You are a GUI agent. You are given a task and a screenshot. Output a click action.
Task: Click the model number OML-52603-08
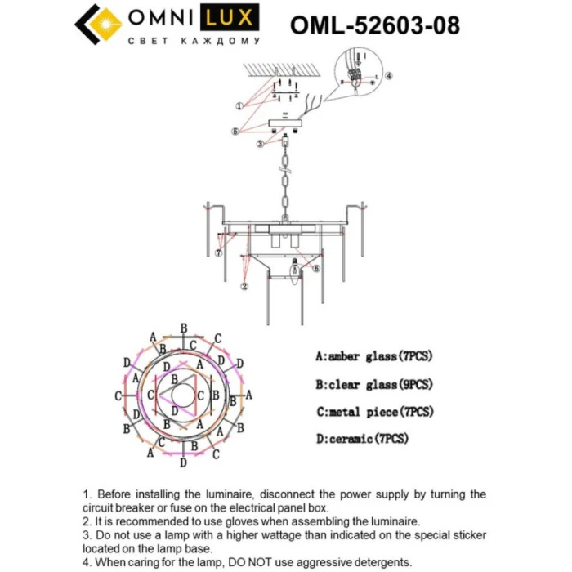pyautogui.click(x=374, y=25)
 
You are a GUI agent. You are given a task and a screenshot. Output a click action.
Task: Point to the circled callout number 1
pyautogui.click(x=239, y=106)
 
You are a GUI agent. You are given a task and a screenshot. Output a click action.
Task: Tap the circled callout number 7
pyautogui.click(x=219, y=254)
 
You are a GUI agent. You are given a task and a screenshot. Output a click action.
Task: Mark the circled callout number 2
pyautogui.click(x=244, y=286)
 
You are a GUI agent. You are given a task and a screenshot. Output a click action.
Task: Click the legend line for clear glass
pyautogui.click(x=373, y=384)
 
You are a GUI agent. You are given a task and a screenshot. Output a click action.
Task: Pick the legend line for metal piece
pyautogui.click(x=373, y=411)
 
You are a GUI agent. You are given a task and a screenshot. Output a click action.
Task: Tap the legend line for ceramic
pyautogui.click(x=361, y=439)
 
